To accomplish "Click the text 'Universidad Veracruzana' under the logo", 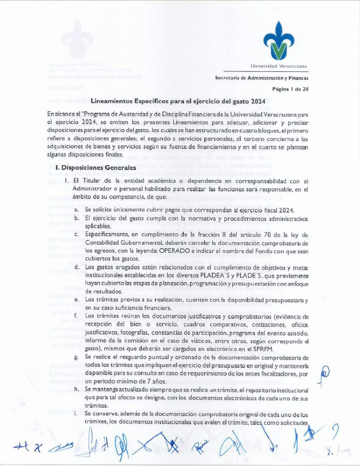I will [278, 65].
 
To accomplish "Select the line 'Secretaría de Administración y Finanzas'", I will [262, 78].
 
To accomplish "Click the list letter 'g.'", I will [77, 357].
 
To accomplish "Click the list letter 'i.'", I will [76, 414].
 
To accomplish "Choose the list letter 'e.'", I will [77, 299].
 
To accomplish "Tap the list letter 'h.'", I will [77, 389].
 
